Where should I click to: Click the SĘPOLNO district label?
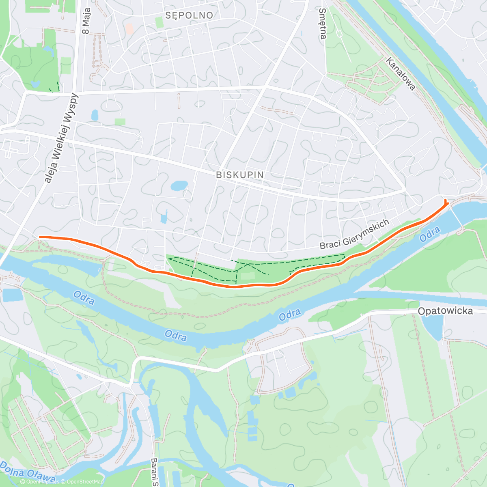click(189, 15)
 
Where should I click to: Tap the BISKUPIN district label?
click(240, 175)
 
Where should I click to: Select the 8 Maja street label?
click(86, 21)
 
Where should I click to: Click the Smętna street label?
click(323, 24)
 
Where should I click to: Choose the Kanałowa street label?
click(401, 74)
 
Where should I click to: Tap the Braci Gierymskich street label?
click(354, 235)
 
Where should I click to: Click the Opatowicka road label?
click(445, 311)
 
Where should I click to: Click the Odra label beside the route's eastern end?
click(430, 234)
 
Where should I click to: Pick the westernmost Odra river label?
click(84, 298)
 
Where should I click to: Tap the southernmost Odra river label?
click(176, 336)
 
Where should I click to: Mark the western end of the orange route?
click(39, 237)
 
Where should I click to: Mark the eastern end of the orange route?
click(446, 200)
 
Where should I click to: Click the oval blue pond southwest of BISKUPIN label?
click(179, 186)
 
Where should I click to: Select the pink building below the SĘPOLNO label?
click(129, 29)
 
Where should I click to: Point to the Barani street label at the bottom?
click(154, 473)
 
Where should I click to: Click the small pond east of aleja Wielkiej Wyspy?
click(95, 115)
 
